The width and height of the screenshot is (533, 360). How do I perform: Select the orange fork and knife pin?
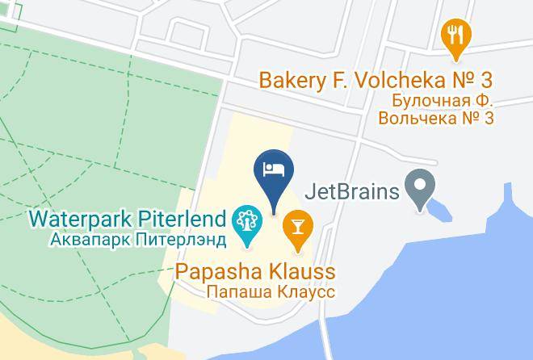(x=456, y=36)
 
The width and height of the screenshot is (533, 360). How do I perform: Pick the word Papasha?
(x=221, y=270)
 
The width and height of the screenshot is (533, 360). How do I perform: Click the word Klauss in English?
(x=301, y=270)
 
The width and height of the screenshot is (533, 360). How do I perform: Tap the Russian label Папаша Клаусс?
(x=271, y=291)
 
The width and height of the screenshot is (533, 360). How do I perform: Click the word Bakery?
(x=292, y=81)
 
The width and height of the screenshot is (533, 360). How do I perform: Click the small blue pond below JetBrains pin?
(x=441, y=211)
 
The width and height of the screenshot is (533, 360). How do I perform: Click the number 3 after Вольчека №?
(x=487, y=119)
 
